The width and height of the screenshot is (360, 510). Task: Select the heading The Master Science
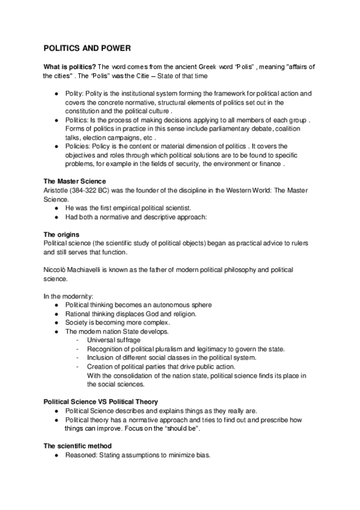coord(75,180)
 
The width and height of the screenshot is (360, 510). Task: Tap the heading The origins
coord(62,233)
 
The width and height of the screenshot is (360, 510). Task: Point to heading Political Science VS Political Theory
coord(101,401)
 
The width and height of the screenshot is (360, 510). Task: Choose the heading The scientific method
coord(78,446)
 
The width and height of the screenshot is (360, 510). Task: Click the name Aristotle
coord(56,189)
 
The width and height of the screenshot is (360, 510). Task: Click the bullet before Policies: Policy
coord(56,146)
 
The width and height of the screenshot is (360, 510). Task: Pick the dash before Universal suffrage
coord(78,340)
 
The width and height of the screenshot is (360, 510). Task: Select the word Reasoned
coord(81,455)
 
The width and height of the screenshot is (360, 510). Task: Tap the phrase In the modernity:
coord(68,296)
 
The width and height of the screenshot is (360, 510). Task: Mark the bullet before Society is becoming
coord(56,322)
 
